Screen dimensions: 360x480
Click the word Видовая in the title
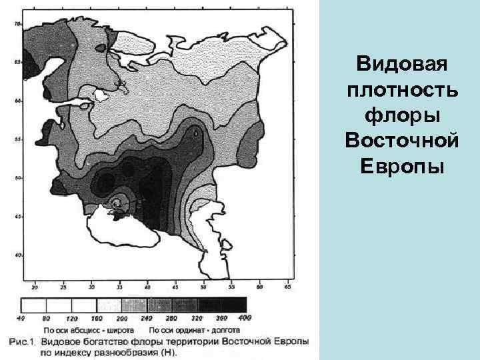pos(401,65)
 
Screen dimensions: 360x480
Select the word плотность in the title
pos(401,90)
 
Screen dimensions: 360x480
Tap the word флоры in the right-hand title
pos(401,115)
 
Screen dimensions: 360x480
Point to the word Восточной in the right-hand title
pos(401,139)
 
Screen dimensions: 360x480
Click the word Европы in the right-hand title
pos(401,165)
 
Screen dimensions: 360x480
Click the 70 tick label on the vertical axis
pos(17,23)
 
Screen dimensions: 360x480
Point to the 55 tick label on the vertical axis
pos(17,139)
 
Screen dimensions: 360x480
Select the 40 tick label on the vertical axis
pos(17,255)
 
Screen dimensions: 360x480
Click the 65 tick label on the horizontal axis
pos(287,287)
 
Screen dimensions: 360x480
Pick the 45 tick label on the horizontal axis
pos(175,287)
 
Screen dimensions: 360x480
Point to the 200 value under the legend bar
pos(122,318)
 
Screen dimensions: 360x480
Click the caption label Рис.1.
pos(25,341)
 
